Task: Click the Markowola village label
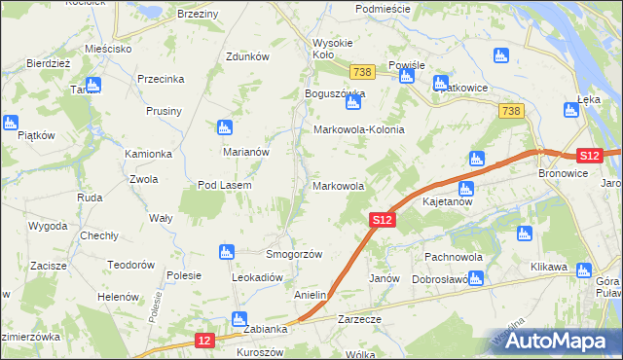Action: tap(338, 185)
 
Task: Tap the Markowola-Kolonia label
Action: tap(357, 129)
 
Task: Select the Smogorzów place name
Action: tap(294, 254)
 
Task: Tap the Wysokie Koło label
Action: tap(336, 49)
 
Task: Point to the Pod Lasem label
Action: tap(225, 185)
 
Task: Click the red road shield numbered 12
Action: tap(203, 340)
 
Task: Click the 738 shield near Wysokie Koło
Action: tap(362, 73)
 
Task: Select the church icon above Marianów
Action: tap(225, 127)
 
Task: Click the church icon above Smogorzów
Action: tap(227, 253)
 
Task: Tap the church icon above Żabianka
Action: tap(238, 318)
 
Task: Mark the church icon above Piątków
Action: tap(11, 124)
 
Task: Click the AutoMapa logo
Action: tap(559, 341)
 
